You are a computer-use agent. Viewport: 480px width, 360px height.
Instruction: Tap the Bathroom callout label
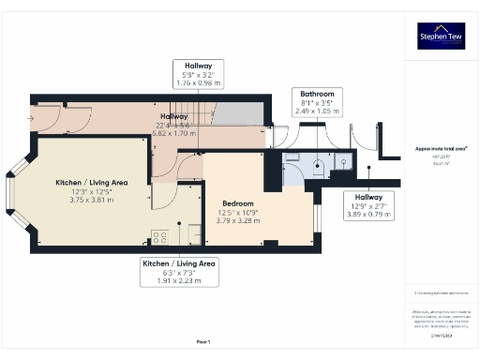(316, 100)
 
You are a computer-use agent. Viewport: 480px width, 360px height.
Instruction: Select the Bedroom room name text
(240, 202)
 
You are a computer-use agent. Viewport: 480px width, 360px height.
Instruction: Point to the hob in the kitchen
(160, 237)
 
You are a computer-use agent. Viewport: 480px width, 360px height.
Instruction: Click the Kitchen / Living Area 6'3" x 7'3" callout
(179, 272)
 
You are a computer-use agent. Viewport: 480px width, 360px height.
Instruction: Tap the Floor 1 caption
(203, 343)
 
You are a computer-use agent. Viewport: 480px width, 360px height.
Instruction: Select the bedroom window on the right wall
(316, 217)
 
